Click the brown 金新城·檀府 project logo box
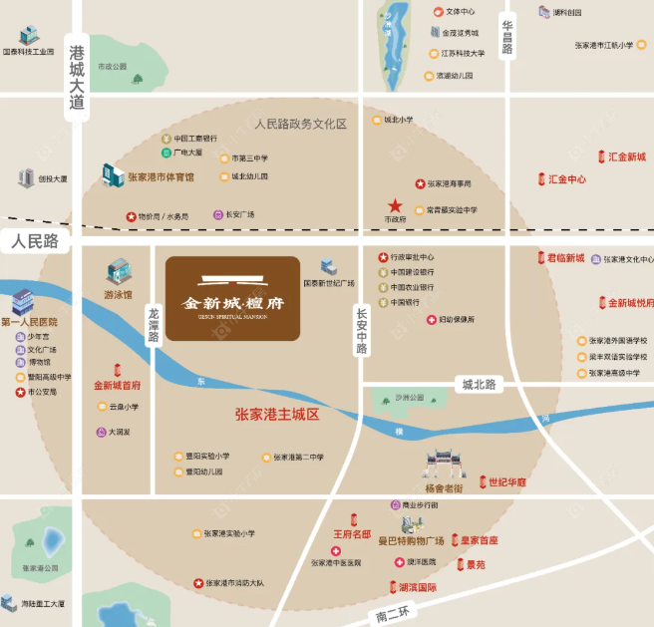[232, 298]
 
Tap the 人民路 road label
[36, 241]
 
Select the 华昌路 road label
[507, 37]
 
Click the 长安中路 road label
[362, 330]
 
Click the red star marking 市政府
[396, 205]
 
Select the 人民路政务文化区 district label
[299, 125]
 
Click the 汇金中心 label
[567, 180]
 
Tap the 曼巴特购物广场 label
[411, 540]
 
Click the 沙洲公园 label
[409, 398]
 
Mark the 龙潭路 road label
[154, 324]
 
